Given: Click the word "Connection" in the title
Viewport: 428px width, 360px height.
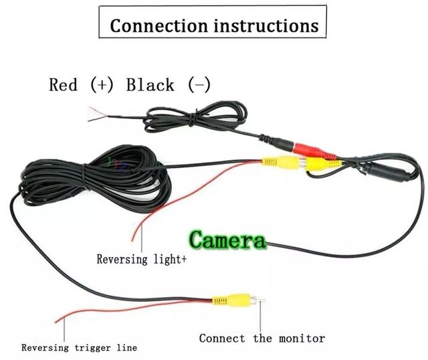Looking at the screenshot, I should pyautogui.click(x=150, y=26).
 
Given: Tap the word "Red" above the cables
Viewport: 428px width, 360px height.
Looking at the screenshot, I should pyautogui.click(x=64, y=85).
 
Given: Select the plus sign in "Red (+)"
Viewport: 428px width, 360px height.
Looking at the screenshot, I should pyautogui.click(x=104, y=85).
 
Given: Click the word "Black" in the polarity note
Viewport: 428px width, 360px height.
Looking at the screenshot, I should pyautogui.click(x=150, y=85).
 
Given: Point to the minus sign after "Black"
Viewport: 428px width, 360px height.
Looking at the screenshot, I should pyautogui.click(x=199, y=85).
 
